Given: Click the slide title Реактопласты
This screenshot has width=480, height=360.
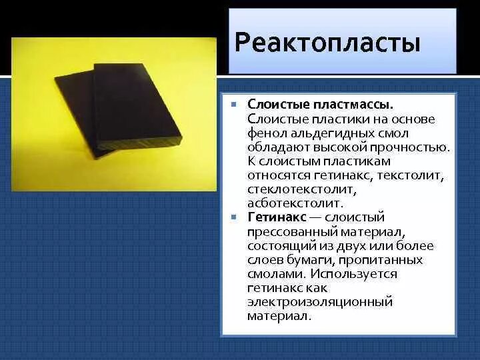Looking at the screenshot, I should [x=327, y=43].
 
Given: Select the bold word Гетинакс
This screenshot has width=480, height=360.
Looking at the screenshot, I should [x=277, y=217].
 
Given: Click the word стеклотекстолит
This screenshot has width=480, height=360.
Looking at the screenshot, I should [x=292, y=189].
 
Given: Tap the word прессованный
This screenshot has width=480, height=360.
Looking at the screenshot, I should [x=291, y=231].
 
